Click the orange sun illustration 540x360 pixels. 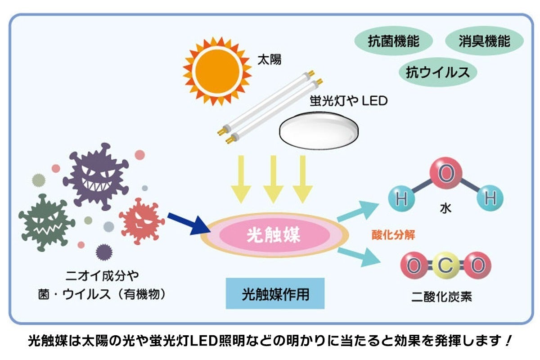217,72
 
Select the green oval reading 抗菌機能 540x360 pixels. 394,42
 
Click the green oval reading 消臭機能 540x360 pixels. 484,42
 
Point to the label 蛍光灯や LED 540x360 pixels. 348,101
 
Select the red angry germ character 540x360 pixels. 141,220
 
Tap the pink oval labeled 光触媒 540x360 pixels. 274,235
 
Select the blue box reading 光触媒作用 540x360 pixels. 275,294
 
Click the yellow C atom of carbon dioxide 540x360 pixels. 445,266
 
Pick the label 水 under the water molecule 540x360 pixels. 445,208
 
